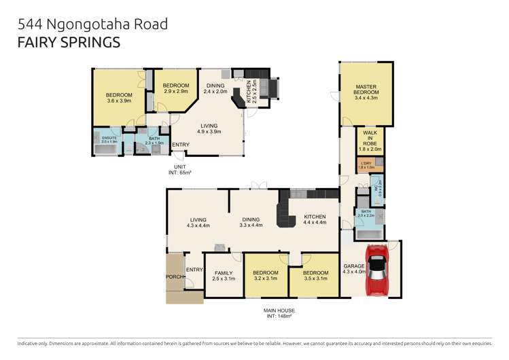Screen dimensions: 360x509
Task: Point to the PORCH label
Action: pyautogui.click(x=175, y=277)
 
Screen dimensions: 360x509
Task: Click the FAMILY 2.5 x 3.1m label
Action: pyautogui.click(x=223, y=276)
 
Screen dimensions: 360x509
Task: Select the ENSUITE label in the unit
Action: pyautogui.click(x=109, y=141)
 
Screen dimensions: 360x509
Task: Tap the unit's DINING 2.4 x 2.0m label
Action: pyautogui.click(x=217, y=88)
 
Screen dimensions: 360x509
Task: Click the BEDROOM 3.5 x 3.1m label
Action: pyautogui.click(x=315, y=276)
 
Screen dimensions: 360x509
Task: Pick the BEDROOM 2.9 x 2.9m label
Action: pyautogui.click(x=175, y=88)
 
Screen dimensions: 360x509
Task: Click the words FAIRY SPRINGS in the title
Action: pyautogui.click(x=69, y=43)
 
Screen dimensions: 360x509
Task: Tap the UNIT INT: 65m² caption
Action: pyautogui.click(x=180, y=170)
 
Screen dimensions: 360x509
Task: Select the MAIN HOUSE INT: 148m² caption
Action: pyautogui.click(x=279, y=313)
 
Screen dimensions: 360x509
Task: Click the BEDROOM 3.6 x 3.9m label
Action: pyautogui.click(x=118, y=97)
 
